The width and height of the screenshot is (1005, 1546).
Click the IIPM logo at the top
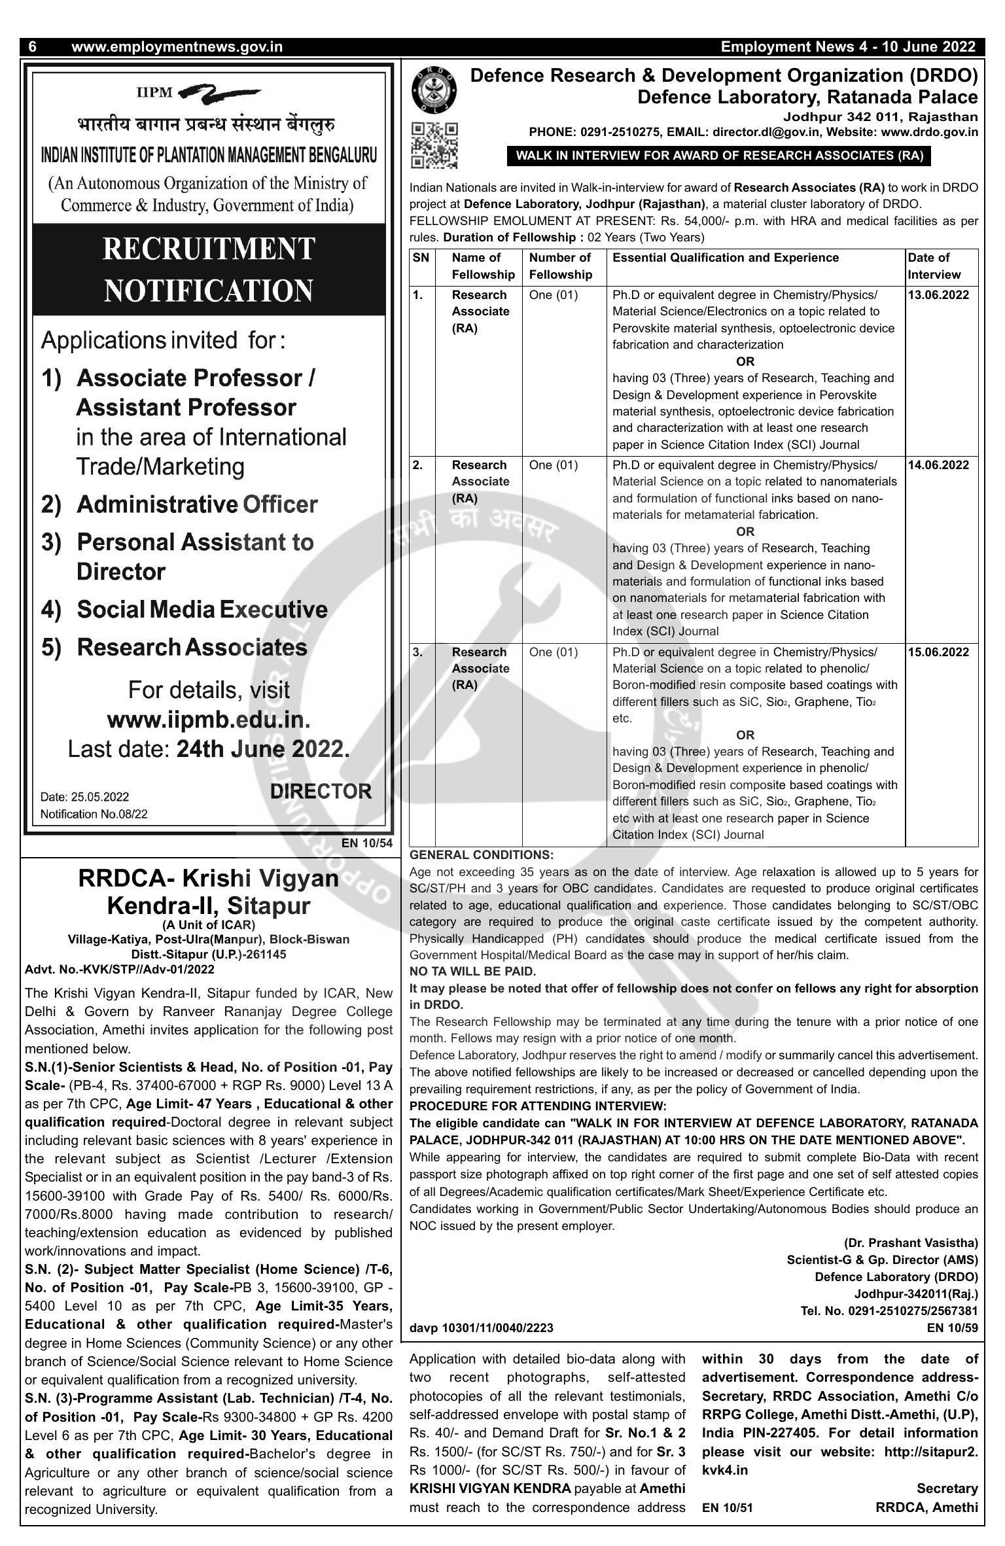(200, 93)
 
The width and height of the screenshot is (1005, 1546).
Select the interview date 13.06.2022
(938, 295)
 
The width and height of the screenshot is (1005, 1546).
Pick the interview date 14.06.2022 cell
(938, 465)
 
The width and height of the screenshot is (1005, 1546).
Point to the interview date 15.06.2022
(938, 652)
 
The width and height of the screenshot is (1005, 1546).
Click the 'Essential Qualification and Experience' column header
(726, 258)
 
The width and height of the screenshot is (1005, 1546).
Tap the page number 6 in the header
(33, 47)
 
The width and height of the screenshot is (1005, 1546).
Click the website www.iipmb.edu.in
(208, 720)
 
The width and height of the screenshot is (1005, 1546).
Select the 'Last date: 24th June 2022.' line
(208, 749)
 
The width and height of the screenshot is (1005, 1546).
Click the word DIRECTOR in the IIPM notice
(321, 792)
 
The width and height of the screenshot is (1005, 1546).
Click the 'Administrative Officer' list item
(197, 505)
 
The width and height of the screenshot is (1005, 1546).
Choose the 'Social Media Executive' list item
(202, 610)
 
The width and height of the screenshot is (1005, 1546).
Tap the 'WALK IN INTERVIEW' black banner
(719, 156)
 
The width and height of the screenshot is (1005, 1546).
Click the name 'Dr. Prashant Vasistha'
(911, 1242)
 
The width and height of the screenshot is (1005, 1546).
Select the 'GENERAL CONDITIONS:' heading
(481, 855)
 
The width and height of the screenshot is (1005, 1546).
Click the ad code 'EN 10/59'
(952, 1327)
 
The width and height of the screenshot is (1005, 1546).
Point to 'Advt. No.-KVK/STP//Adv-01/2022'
(120, 969)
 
